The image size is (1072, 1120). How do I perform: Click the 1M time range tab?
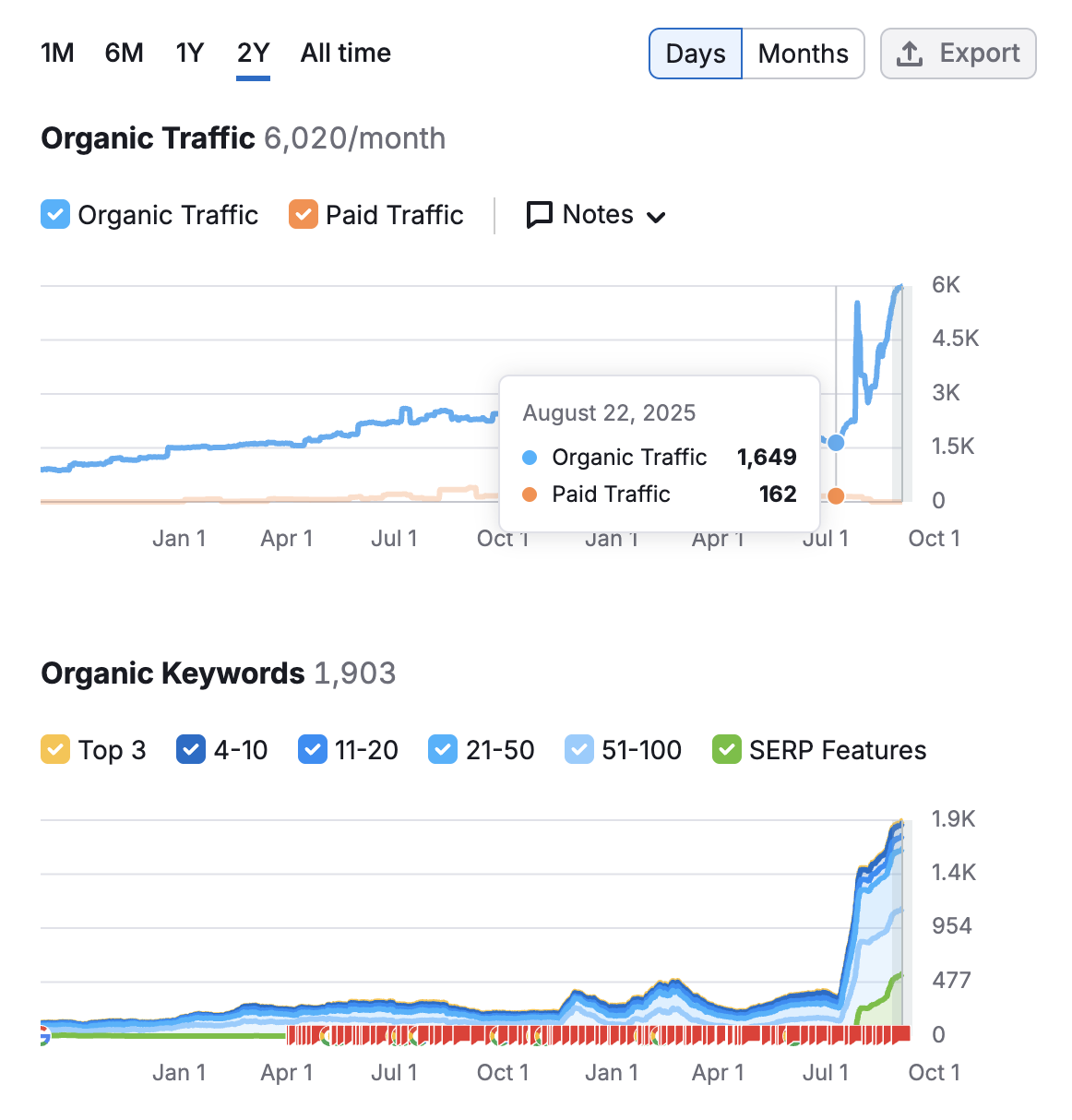pyautogui.click(x=57, y=54)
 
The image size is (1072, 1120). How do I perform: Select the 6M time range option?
pyautogui.click(x=124, y=54)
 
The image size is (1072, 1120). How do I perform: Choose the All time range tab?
pyautogui.click(x=345, y=54)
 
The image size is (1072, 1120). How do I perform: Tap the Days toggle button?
pyautogui.click(x=696, y=54)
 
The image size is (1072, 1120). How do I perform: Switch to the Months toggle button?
pyautogui.click(x=803, y=54)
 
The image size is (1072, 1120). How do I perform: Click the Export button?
pyautogui.click(x=958, y=54)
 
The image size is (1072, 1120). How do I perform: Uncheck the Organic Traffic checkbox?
pyautogui.click(x=55, y=215)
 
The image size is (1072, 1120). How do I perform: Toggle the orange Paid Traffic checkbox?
pyautogui.click(x=304, y=215)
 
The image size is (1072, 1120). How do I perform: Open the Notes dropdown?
pyautogui.click(x=596, y=215)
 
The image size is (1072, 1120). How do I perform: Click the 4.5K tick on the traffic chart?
pyautogui.click(x=955, y=339)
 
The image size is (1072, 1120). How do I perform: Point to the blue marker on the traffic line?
pyautogui.click(x=836, y=443)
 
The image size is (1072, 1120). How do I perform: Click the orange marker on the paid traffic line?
pyautogui.click(x=836, y=496)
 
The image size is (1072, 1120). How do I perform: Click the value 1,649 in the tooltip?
pyautogui.click(x=766, y=458)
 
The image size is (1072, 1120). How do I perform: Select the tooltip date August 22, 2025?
pyautogui.click(x=609, y=413)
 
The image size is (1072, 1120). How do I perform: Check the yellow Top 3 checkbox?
pyautogui.click(x=55, y=750)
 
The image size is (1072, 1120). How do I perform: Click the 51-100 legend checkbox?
pyautogui.click(x=579, y=750)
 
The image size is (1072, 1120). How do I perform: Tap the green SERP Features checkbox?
pyautogui.click(x=727, y=750)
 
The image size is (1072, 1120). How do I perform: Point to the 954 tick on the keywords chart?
pyautogui.click(x=951, y=926)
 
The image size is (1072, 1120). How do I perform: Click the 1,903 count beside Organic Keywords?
pyautogui.click(x=355, y=673)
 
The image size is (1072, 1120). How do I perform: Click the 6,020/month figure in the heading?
pyautogui.click(x=354, y=138)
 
